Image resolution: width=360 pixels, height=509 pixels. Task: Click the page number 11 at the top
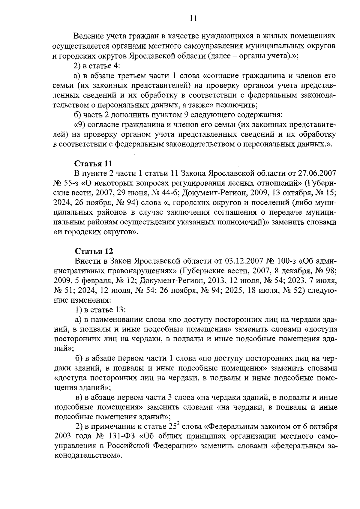193,19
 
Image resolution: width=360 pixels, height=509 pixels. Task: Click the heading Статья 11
93,163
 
